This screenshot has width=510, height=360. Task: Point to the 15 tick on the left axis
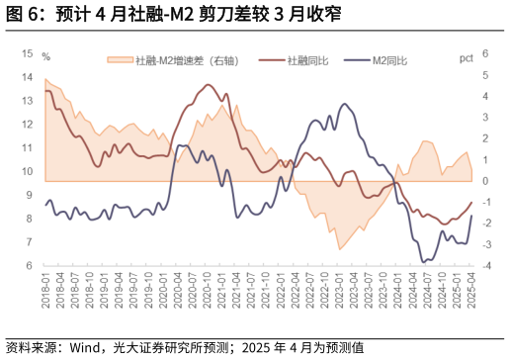pos(27,52)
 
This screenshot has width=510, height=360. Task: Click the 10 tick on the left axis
pos(27,171)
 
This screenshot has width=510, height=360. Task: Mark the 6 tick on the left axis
pos(30,265)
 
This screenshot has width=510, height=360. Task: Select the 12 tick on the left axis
pos(27,124)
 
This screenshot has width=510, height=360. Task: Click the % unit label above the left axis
pos(45,55)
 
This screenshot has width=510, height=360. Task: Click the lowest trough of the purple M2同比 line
pos(424,262)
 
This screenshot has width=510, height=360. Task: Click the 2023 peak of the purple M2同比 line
pos(345,103)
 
